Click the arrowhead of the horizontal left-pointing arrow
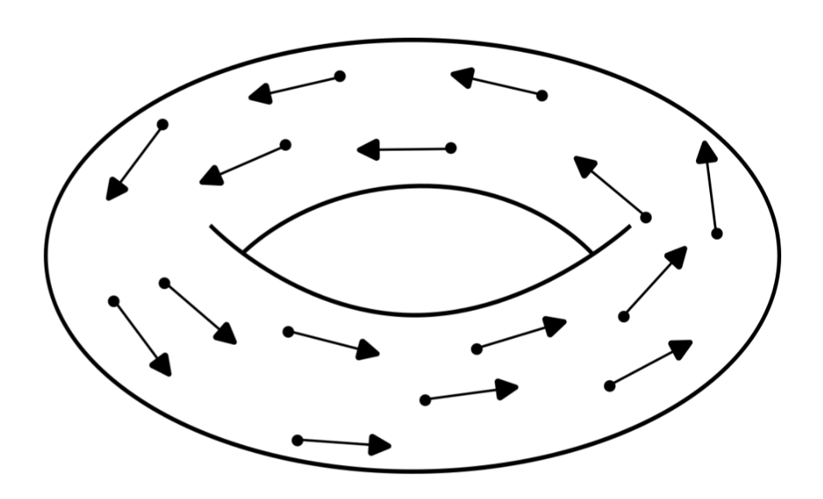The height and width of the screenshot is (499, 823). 367,149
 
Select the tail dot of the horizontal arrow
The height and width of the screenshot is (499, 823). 451,148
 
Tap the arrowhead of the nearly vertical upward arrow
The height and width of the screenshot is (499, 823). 705,151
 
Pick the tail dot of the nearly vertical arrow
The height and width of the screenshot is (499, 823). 717,233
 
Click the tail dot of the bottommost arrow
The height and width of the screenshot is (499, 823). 297,440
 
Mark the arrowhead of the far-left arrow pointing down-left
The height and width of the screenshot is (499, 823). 115,190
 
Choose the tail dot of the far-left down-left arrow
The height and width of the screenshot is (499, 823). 163,124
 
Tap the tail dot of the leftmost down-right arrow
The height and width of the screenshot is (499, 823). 113,301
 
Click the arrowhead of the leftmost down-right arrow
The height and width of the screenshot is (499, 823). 162,365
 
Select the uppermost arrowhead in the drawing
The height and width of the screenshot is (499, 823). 461,77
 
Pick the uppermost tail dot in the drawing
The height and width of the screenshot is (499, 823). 339,76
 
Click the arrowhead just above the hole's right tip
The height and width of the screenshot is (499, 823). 585,166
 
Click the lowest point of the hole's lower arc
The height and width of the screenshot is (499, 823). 418,315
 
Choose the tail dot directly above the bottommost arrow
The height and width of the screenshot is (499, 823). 288,332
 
